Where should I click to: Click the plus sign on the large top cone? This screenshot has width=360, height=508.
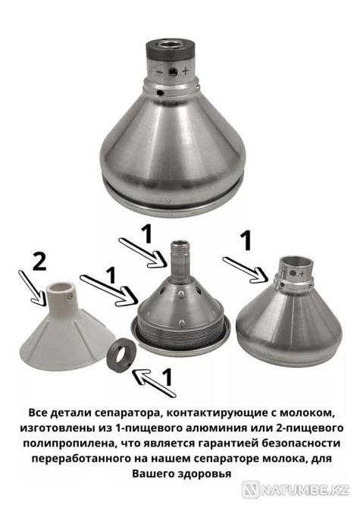coord(185,70)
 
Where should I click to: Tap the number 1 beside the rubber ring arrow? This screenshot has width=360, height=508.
coord(167,377)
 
